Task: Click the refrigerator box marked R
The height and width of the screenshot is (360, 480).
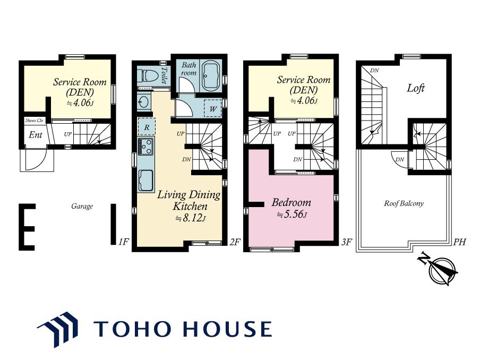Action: [147, 126]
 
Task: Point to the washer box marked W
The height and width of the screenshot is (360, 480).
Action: [213, 108]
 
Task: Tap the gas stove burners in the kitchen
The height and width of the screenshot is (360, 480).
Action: [145, 147]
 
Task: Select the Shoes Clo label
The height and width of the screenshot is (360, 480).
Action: [34, 121]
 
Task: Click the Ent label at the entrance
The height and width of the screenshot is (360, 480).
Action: [36, 135]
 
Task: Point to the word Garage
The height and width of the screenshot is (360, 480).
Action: [82, 207]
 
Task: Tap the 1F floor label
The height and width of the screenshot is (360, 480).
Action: [123, 242]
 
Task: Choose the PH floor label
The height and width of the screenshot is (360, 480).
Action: [459, 242]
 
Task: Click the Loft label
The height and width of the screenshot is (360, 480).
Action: [416, 88]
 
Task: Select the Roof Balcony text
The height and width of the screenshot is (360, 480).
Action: [404, 203]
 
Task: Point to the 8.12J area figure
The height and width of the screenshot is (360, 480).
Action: [191, 218]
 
